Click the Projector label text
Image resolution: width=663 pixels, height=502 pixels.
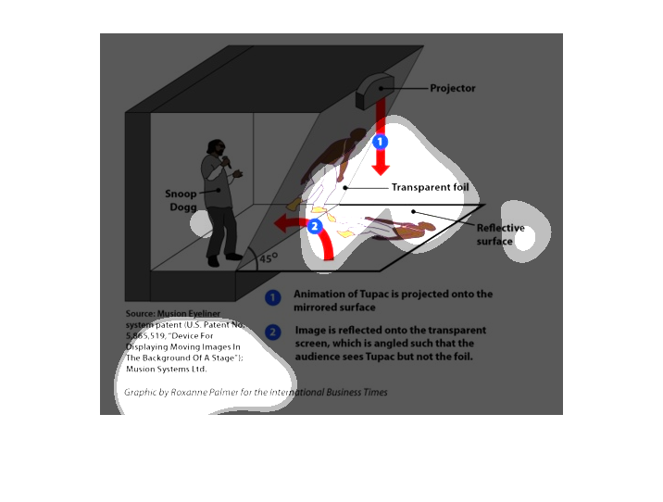(453, 89)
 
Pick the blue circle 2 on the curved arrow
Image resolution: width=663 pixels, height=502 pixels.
(315, 225)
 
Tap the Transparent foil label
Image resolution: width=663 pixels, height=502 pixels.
(430, 187)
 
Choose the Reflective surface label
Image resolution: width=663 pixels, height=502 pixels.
(500, 234)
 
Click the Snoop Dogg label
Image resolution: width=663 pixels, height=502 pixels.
(181, 199)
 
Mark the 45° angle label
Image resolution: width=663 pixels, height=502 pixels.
(268, 259)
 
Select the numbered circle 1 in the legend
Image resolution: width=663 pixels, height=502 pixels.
(273, 298)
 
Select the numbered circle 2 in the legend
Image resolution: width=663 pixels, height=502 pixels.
(273, 333)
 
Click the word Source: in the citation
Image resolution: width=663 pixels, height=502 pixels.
(141, 313)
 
